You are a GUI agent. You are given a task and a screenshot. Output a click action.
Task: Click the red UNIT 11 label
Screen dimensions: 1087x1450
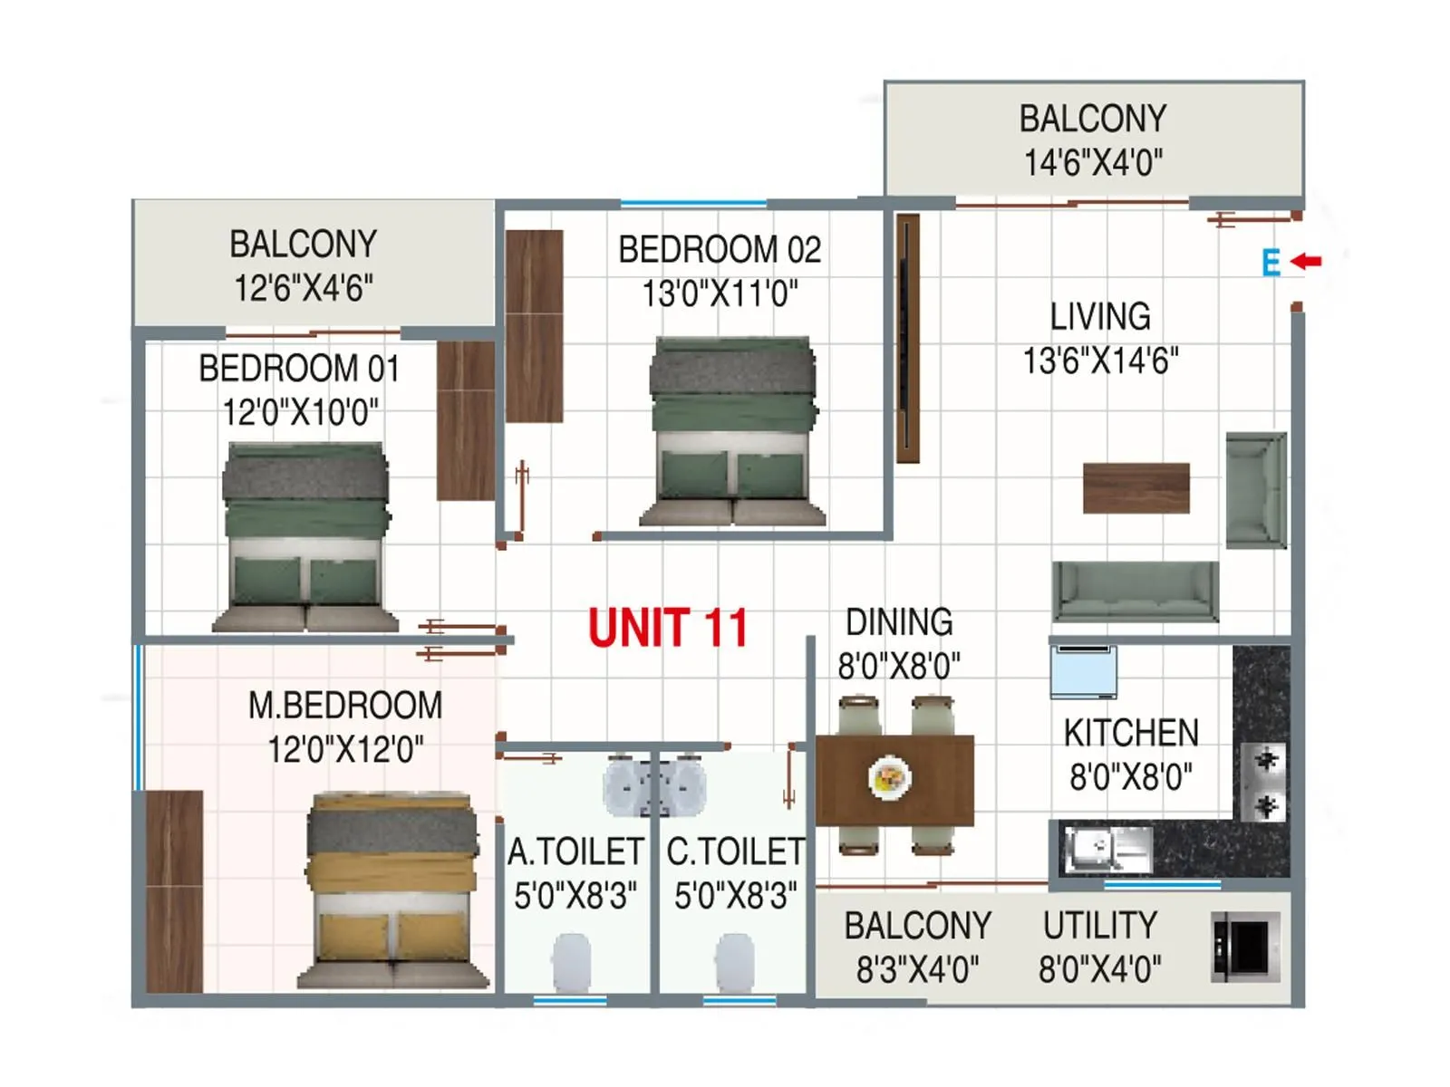pos(668,628)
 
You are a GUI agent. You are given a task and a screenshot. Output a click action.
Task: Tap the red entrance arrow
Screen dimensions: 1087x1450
pos(1306,262)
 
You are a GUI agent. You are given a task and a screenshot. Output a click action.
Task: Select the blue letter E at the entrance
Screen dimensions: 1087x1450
pos(1271,264)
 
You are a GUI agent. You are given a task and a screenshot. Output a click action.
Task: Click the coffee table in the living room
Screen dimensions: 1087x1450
pos(1136,488)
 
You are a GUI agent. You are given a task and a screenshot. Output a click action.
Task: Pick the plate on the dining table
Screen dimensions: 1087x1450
pos(889,777)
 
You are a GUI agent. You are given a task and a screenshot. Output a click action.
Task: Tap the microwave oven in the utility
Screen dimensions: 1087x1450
pos(1245,948)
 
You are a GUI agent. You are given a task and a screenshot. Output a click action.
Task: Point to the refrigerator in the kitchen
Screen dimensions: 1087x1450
pos(1083,671)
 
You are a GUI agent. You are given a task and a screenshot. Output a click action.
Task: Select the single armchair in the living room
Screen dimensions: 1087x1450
pos(1255,490)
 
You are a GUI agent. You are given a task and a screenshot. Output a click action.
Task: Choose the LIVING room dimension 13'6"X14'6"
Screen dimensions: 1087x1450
pos(1100,361)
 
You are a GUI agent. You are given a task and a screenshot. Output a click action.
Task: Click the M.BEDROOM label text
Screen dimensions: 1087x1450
pos(345,706)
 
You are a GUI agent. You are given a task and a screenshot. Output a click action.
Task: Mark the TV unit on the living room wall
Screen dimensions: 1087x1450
pos(907,339)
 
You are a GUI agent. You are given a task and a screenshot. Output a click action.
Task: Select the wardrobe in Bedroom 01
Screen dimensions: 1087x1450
pos(466,420)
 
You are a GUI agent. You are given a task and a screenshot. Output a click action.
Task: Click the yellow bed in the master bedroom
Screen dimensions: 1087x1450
pos(391,890)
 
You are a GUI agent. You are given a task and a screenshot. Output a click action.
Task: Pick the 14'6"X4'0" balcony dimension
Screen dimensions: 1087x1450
pos(1093,163)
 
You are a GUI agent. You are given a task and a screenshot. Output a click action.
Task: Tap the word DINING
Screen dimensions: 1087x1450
pos(899,622)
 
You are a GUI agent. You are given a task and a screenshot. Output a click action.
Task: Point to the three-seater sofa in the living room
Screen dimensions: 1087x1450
pos(1135,591)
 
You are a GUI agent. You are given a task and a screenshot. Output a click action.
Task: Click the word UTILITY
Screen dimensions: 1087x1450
pos(1099,926)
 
